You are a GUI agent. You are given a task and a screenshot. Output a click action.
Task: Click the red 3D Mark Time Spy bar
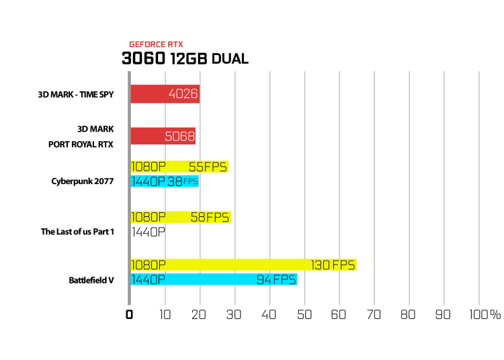165,94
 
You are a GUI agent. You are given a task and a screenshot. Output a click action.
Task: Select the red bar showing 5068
163,136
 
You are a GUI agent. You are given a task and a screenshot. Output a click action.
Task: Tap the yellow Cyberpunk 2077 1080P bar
179,167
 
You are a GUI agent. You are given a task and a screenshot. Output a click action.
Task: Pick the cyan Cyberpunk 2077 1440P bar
165,181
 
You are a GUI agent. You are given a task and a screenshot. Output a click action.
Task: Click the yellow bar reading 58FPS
181,217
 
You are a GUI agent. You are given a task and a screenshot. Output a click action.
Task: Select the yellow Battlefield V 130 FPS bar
244,265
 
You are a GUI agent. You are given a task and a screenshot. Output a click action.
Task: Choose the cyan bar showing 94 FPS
214,279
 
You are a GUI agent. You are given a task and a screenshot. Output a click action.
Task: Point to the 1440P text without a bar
149,232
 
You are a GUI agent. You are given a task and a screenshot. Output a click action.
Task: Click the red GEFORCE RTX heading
156,44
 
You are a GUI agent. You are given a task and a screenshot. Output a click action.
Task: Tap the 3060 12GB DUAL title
185,58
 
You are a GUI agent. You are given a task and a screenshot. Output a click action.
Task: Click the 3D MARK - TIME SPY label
76,95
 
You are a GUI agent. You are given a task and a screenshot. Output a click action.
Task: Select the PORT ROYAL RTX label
81,144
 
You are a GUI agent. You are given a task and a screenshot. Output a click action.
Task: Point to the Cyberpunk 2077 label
83,181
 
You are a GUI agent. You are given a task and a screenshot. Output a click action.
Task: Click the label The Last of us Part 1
77,232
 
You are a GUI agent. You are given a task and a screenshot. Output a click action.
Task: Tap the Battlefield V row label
91,280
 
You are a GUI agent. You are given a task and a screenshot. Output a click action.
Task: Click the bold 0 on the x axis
129,314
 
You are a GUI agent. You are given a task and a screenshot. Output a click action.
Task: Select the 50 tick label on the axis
304,314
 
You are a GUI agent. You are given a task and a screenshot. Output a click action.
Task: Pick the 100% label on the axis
485,314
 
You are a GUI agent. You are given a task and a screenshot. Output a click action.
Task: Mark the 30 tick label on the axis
234,314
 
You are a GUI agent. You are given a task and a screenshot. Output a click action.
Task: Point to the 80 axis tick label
408,314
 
